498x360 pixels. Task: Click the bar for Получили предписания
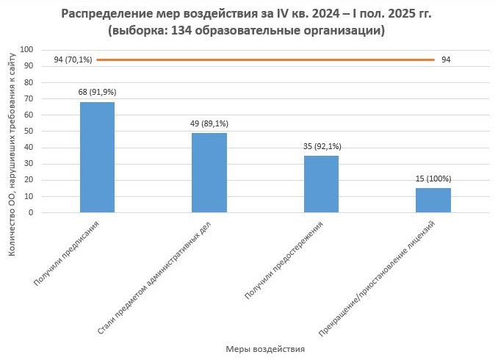click(97, 157)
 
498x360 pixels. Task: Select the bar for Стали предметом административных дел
click(209, 173)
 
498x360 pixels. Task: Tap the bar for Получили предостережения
click(321, 184)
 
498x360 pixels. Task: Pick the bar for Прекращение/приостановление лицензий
click(433, 201)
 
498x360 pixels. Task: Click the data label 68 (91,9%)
click(97, 93)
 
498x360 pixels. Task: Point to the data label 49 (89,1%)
click(209, 123)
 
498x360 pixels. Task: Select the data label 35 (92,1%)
click(322, 146)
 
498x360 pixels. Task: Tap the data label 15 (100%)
click(433, 179)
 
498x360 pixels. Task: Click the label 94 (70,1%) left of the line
click(73, 60)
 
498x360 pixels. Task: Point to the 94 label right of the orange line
click(446, 60)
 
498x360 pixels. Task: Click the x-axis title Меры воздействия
click(264, 349)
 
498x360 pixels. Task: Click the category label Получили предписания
click(68, 252)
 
